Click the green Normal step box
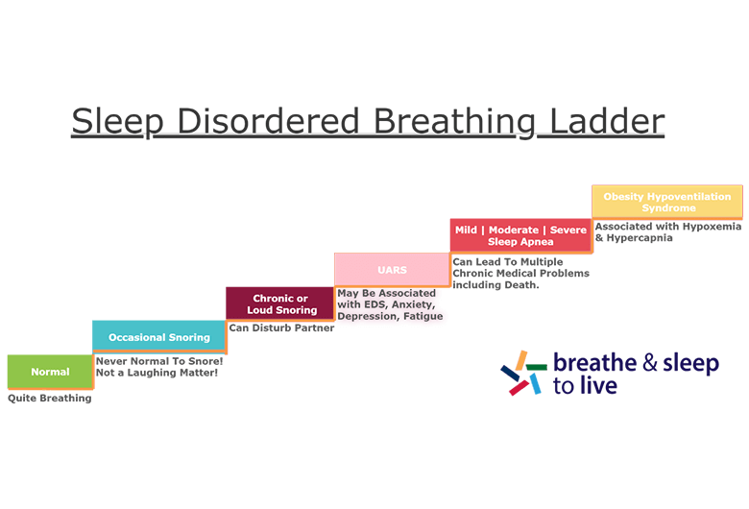pos(50,372)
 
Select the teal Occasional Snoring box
pos(158,337)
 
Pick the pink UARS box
pos(391,270)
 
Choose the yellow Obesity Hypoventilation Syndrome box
pos(666,202)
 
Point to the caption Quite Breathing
pos(50,398)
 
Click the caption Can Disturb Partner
pos(281,327)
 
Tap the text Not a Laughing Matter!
pos(157,372)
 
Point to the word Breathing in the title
pos(454,122)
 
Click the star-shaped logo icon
pos(521,373)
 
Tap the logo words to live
pos(585,387)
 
